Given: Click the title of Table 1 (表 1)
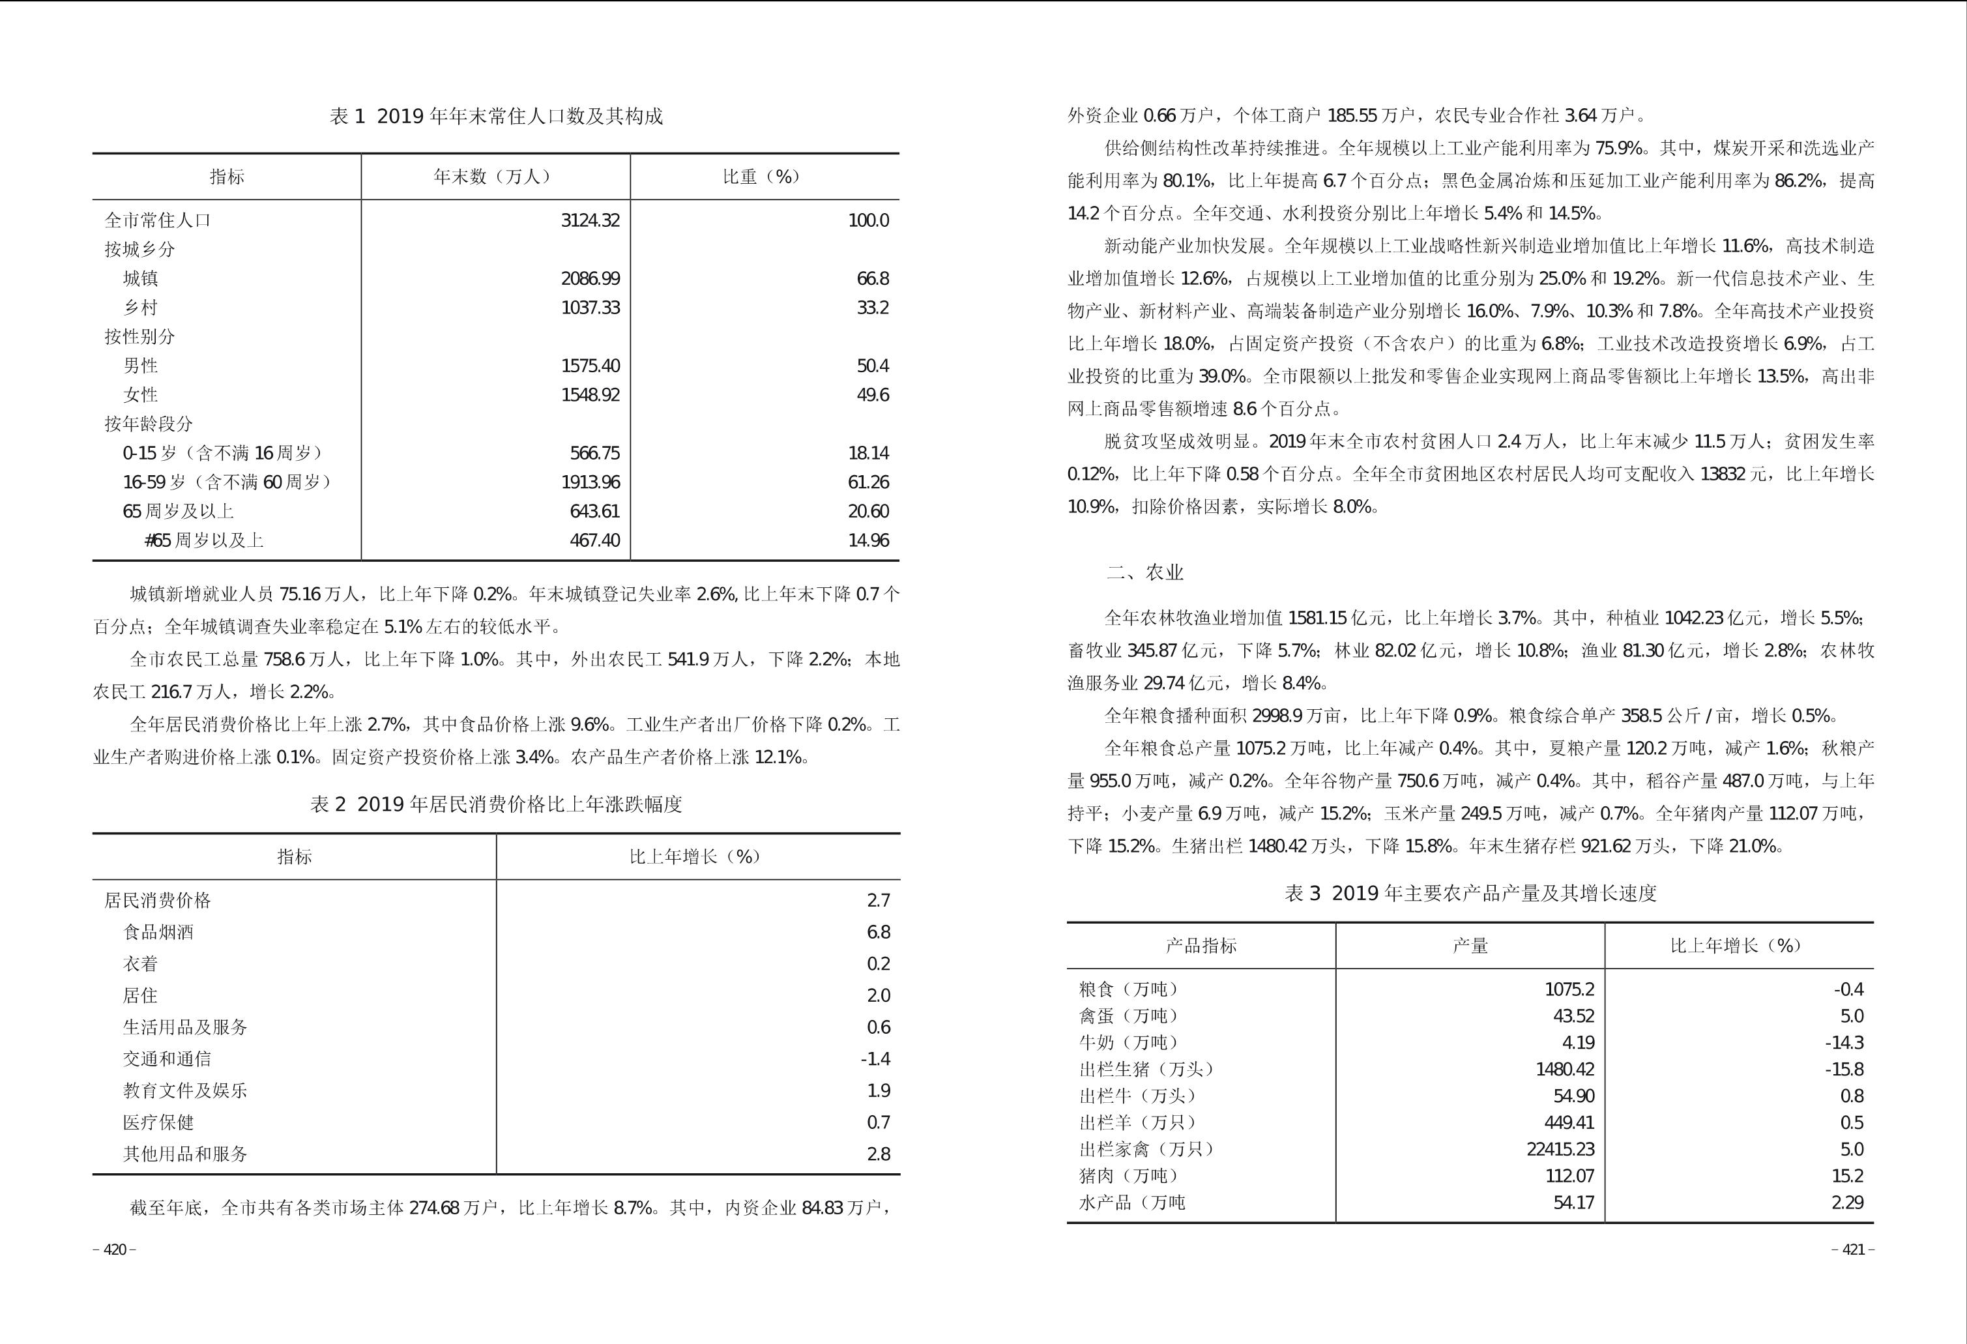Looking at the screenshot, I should click(496, 116).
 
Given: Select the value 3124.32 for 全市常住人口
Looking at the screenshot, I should click(590, 220).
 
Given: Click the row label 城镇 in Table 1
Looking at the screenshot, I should click(141, 278).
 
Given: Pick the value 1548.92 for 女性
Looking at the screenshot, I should click(590, 394).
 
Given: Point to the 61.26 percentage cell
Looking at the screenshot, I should click(868, 482).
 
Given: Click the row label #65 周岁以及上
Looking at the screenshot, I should click(204, 540).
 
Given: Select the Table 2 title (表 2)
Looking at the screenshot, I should click(496, 804).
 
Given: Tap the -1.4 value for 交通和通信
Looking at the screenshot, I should click(875, 1059).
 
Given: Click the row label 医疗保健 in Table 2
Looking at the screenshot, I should click(158, 1122).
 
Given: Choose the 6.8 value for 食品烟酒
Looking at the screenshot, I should click(879, 932).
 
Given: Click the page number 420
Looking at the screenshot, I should click(114, 1250).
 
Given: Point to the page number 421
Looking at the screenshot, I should click(1854, 1250).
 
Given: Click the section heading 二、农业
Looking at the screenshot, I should click(1144, 573).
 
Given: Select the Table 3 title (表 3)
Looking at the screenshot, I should click(1470, 893).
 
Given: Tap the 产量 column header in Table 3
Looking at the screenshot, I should click(1470, 945).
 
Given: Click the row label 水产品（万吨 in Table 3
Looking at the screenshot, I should click(1131, 1202).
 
